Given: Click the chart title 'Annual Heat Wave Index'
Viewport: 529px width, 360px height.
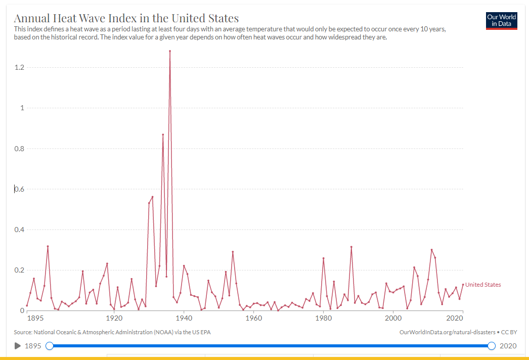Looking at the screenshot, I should point(126,19).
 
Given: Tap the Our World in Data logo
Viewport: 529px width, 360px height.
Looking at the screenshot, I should point(501,21).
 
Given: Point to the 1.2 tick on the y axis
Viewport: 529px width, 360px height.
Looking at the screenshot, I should point(19,68).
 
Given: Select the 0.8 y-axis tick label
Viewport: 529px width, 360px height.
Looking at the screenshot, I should point(19,149).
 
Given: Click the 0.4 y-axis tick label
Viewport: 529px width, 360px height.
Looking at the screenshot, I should point(19,230).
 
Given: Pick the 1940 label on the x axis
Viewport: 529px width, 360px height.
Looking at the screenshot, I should point(184,318).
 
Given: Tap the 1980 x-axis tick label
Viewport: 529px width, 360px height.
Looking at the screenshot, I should point(323,318).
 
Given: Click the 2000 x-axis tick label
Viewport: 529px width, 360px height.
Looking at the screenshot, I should point(393,318).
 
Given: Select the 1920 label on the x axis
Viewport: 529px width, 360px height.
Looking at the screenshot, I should point(114,318).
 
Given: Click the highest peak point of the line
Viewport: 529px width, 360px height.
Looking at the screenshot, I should point(170,51).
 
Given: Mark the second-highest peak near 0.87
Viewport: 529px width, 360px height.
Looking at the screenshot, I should point(163,134).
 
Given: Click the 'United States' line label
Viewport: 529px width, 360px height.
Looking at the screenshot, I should point(483,285).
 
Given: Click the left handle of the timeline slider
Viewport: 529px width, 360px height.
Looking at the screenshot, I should point(50,346).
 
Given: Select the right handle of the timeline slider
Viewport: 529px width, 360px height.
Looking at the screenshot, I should point(492,346).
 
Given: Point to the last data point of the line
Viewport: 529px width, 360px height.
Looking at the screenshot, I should point(463,285).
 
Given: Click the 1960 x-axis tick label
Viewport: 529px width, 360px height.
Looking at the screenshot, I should point(253,318).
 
